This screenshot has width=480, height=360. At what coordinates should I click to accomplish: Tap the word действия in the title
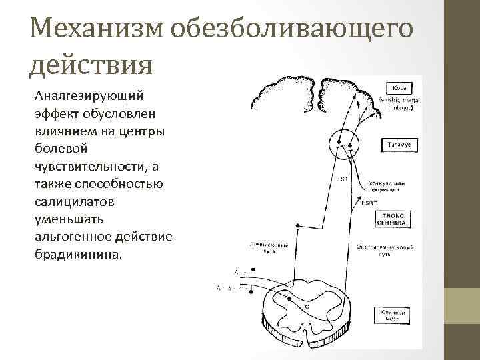coord(92,65)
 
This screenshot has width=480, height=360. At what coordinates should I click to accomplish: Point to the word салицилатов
coord(75,201)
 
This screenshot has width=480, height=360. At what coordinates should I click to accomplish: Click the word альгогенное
coord(71,236)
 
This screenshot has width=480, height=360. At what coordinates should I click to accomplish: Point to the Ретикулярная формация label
coord(386,185)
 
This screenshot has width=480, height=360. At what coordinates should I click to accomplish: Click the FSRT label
coord(369,203)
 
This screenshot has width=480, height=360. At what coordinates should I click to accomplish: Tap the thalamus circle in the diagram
coord(344,141)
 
